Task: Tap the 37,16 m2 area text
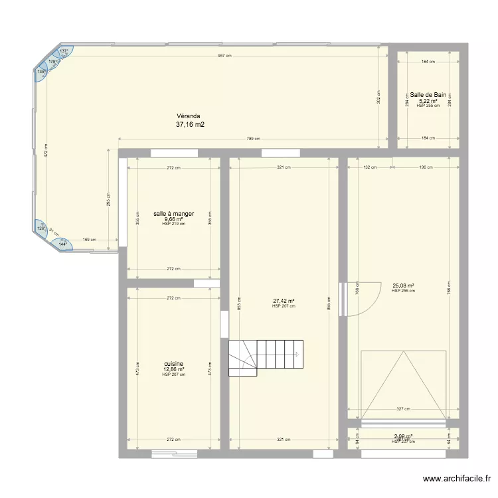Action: (x=190, y=124)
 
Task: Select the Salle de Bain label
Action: (x=428, y=95)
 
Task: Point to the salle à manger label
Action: (x=173, y=214)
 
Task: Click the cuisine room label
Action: (x=173, y=364)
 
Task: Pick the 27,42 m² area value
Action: (x=284, y=301)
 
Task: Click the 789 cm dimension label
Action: (x=253, y=139)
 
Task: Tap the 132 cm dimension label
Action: (x=370, y=168)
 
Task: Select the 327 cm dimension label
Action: (x=402, y=410)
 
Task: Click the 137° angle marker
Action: (x=64, y=51)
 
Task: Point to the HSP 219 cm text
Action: (x=173, y=224)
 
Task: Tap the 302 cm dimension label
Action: (x=378, y=97)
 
